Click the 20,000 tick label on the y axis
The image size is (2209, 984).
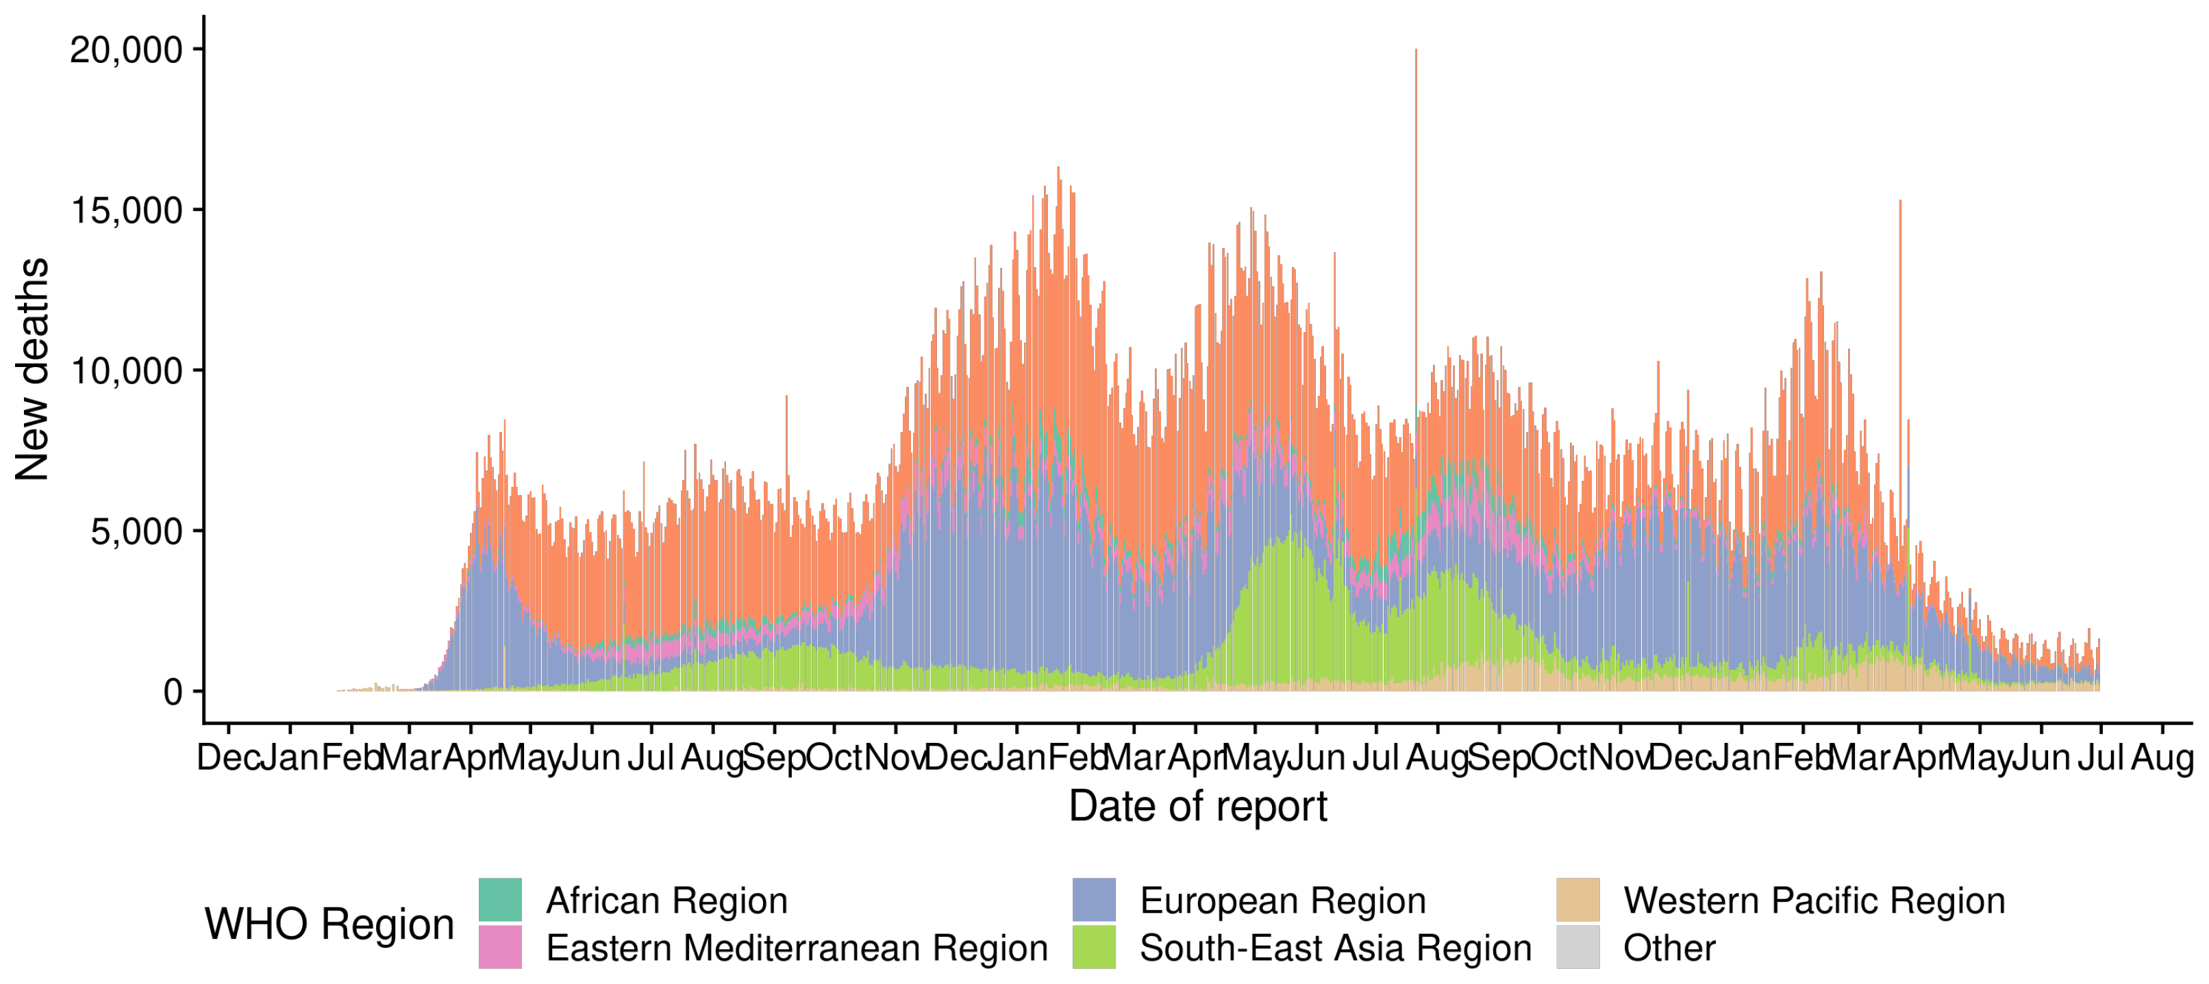[126, 50]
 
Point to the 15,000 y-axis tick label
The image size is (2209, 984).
[126, 210]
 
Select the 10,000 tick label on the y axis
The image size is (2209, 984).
[126, 370]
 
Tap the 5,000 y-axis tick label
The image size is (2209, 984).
[137, 531]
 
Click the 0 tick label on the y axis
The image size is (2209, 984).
[173, 692]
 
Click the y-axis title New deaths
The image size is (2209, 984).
[33, 368]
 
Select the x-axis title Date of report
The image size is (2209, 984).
[1197, 807]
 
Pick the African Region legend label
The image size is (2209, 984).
[666, 901]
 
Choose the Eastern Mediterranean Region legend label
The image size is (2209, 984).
[797, 948]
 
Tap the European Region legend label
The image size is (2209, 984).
[1283, 901]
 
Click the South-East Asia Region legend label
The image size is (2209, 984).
[1335, 948]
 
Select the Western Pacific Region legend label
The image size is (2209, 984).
[1814, 901]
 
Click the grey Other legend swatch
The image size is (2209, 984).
[1578, 947]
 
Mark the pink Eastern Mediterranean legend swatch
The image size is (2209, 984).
[500, 947]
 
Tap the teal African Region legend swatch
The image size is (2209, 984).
[500, 900]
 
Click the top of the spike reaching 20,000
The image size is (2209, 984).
[1416, 51]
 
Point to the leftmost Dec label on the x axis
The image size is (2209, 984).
[227, 758]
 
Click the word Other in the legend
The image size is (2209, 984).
[1669, 948]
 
